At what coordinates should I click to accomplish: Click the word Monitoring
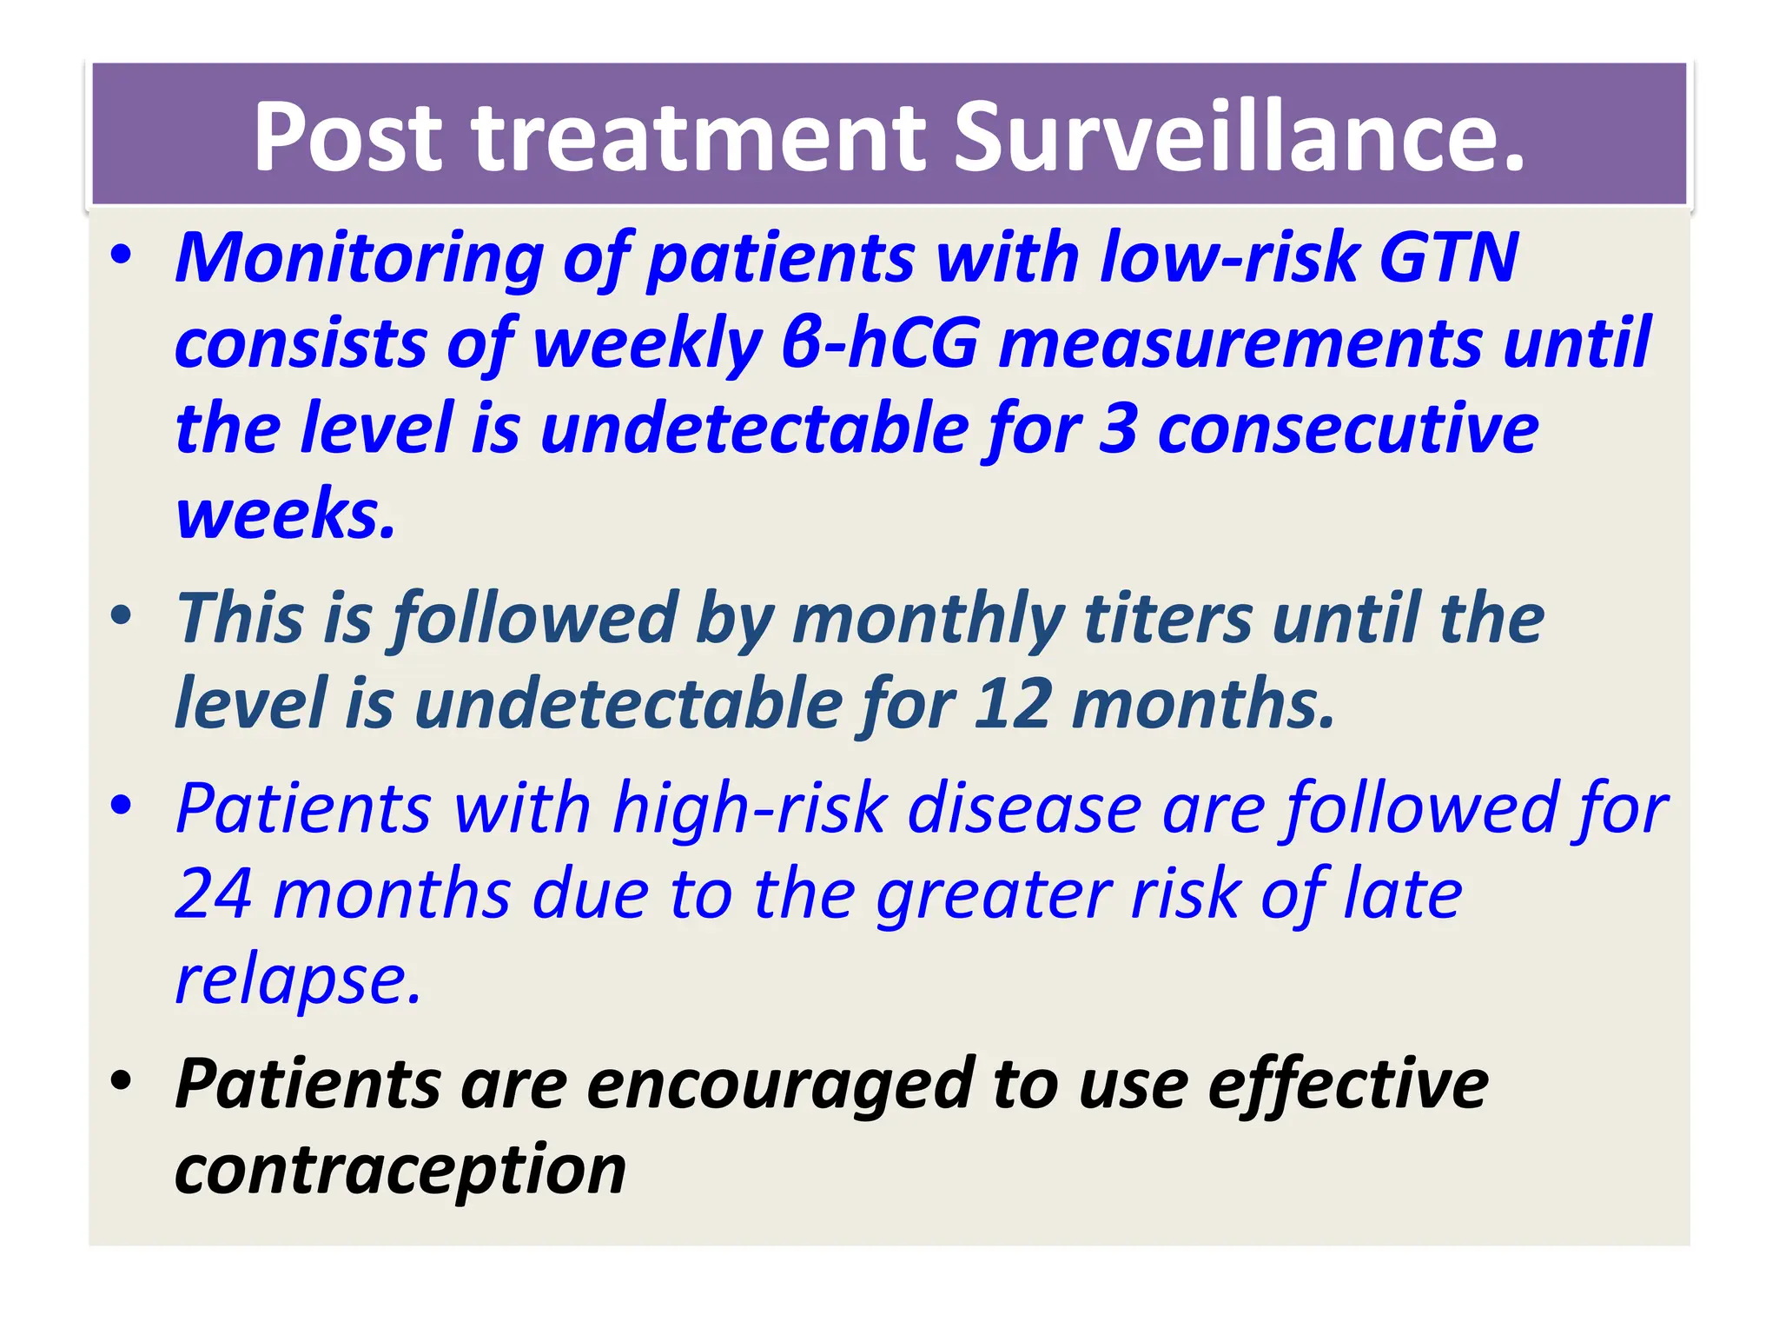359,259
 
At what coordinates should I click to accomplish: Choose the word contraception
400,1169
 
